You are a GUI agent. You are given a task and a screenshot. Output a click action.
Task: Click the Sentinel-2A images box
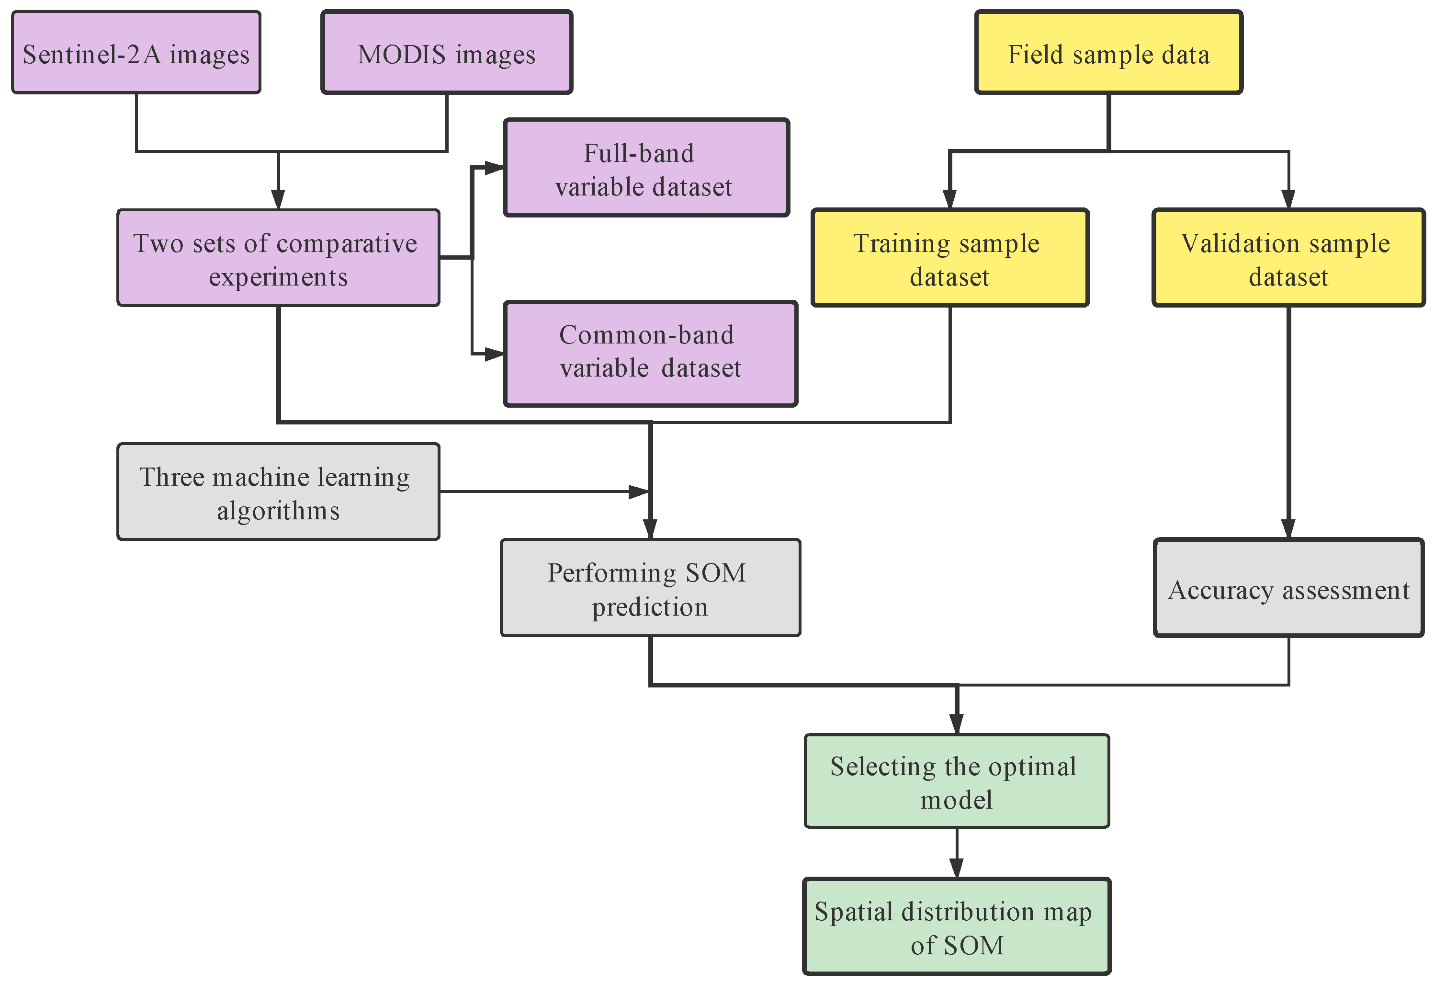click(x=136, y=53)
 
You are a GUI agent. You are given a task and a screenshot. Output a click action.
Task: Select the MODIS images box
click(x=447, y=53)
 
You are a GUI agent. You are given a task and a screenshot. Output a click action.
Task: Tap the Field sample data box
click(x=1108, y=53)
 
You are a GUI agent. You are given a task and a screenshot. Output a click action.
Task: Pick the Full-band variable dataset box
click(x=646, y=168)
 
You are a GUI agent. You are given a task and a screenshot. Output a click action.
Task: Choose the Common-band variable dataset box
click(x=650, y=354)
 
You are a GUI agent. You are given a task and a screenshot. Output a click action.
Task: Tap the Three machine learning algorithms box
click(x=278, y=492)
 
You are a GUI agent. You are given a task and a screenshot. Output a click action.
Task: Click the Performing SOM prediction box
click(x=650, y=588)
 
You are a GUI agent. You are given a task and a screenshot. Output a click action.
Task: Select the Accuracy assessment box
click(x=1288, y=588)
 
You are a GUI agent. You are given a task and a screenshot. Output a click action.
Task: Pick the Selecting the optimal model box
click(x=957, y=781)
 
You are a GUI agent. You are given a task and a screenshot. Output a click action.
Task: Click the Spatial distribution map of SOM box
click(x=957, y=927)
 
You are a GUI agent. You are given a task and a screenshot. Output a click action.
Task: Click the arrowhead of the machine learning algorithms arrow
click(x=639, y=492)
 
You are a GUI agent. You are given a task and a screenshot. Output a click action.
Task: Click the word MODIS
click(x=402, y=54)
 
